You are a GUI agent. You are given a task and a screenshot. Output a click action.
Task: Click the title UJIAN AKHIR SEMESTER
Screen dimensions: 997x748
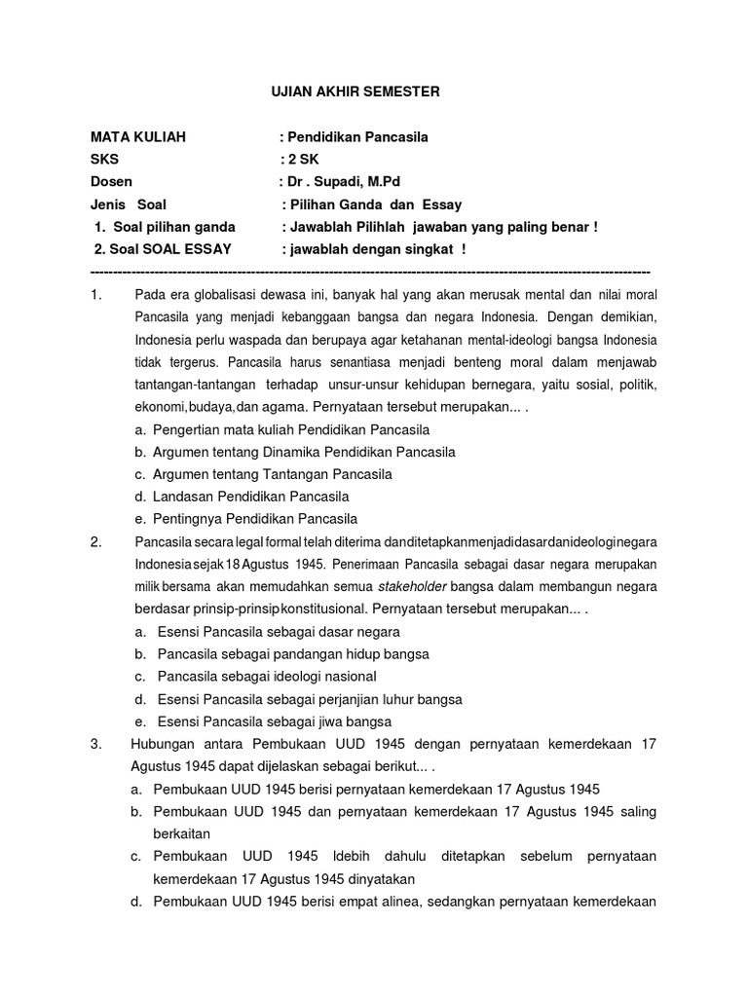[355, 92]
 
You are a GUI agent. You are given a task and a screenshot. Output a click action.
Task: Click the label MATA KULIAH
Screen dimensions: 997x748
[137, 137]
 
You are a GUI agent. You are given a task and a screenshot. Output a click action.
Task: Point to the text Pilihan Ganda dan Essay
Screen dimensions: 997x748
[374, 204]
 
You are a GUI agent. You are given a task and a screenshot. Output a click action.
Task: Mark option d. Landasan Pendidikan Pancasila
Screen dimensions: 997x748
[243, 497]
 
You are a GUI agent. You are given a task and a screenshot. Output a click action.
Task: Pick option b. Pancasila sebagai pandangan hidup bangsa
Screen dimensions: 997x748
[282, 654]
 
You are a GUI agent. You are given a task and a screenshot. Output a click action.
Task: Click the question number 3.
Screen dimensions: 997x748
[96, 744]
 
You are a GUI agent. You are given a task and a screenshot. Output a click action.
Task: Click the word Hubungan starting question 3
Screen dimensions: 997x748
[163, 744]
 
